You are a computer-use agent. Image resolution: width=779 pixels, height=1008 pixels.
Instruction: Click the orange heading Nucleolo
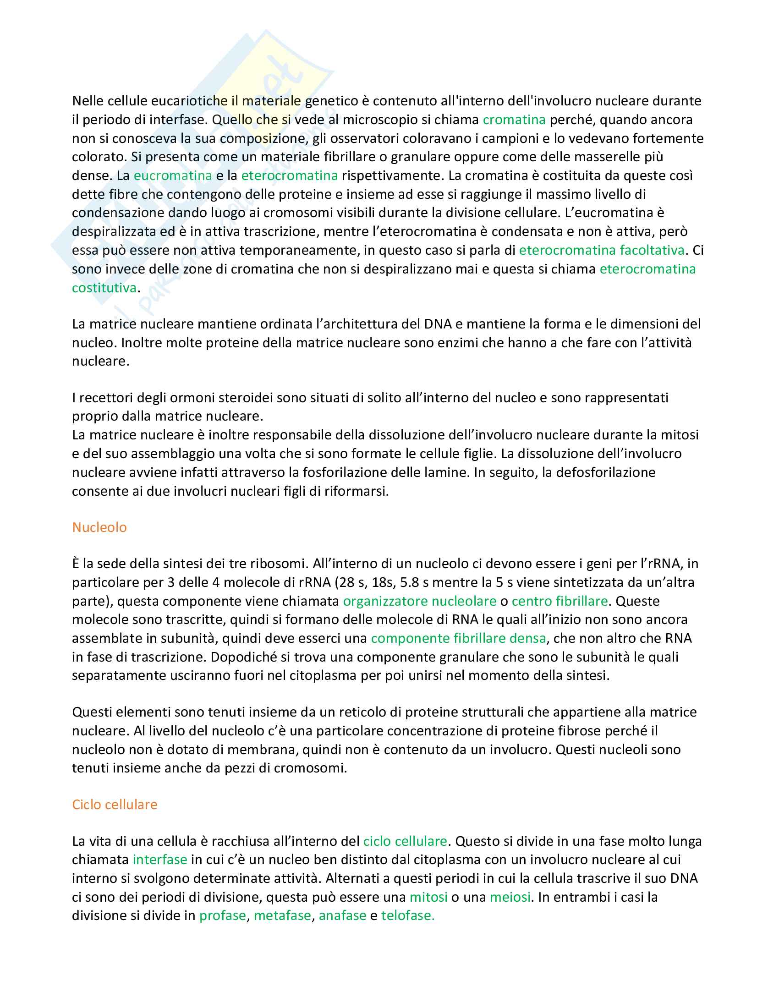pos(99,527)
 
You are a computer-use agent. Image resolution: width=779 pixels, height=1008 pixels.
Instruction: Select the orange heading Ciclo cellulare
pos(115,805)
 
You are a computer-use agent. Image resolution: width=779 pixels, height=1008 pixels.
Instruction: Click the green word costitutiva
pos(104,288)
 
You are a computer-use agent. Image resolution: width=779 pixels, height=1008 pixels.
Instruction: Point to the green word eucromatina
pos(173,175)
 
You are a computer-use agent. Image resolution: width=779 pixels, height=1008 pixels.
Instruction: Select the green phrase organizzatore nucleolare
pos(419,601)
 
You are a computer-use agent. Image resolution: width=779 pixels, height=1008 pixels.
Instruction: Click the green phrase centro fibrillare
pos(560,601)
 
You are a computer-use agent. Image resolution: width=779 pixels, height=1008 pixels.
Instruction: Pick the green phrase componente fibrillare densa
pos(458,638)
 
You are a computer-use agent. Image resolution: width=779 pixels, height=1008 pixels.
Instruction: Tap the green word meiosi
pos(510,897)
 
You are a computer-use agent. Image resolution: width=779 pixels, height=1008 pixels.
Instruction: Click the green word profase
pos(222,915)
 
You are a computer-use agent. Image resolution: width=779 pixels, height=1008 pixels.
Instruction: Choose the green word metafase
pos(282,915)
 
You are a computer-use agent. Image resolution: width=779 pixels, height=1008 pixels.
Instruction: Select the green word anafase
pos(342,915)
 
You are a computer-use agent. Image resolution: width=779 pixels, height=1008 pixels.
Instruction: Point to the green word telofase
pos(407,915)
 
